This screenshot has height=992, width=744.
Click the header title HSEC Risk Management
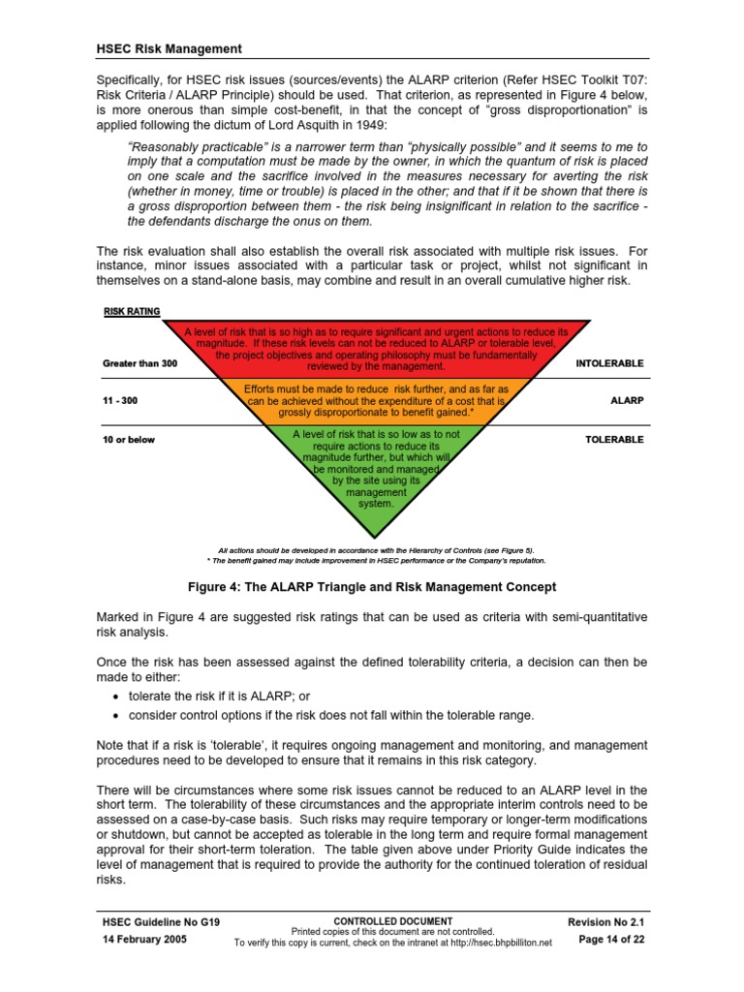click(170, 48)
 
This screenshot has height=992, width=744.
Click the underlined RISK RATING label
click(132, 312)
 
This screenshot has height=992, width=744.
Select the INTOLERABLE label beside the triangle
click(609, 363)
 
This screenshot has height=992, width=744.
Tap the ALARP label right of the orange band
click(627, 399)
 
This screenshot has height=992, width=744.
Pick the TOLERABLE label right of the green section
click(614, 439)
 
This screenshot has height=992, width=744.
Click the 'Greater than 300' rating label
click(140, 363)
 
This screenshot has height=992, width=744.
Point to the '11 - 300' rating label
click(120, 399)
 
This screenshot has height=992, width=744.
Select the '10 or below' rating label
click(129, 439)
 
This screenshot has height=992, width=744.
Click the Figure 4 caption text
click(371, 586)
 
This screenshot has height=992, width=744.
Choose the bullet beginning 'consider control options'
click(330, 715)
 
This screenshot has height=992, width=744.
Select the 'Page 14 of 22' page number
click(610, 941)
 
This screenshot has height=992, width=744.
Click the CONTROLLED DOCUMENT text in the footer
click(392, 920)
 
